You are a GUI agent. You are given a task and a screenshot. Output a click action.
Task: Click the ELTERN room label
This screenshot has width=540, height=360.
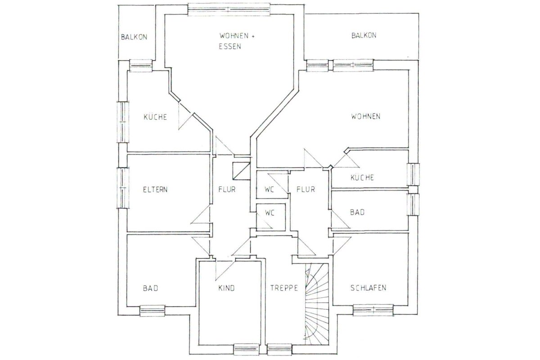point(155,189)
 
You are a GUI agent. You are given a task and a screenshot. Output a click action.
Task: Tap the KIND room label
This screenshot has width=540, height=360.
point(226,288)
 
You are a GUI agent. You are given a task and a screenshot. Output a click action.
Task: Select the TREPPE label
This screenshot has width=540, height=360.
point(284,288)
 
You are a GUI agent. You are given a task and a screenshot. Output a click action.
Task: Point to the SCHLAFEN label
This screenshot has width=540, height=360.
point(368,288)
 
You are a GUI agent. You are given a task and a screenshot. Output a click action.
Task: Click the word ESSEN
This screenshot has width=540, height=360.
point(230,46)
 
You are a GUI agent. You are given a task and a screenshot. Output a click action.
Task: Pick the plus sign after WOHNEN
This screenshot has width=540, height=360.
point(252,36)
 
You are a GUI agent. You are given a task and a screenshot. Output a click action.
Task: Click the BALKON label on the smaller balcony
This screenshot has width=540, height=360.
point(134,37)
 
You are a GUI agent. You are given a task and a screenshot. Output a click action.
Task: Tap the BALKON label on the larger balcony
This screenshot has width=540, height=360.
point(364,36)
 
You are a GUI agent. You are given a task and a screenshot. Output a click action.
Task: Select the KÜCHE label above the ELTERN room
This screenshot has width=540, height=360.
point(155,117)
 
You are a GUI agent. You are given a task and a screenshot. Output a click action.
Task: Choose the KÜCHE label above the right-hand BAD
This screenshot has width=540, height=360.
point(362,177)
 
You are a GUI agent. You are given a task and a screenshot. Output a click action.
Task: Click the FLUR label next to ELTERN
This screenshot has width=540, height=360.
point(227,189)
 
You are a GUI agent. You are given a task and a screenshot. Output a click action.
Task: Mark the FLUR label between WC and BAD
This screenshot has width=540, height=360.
point(306,189)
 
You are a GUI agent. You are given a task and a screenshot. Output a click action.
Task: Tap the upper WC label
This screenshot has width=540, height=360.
point(269,189)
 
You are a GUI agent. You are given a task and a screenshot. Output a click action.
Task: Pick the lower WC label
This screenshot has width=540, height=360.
point(270,213)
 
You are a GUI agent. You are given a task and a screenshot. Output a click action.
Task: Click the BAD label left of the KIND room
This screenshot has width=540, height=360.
point(150,288)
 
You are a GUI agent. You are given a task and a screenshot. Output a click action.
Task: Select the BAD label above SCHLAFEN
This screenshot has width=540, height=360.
point(357,212)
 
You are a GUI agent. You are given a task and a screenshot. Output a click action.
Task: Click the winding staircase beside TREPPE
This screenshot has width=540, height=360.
point(317,304)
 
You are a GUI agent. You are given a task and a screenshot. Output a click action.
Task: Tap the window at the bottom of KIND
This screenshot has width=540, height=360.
point(246,349)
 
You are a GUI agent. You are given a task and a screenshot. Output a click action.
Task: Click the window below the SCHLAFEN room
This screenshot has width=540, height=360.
point(373,310)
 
